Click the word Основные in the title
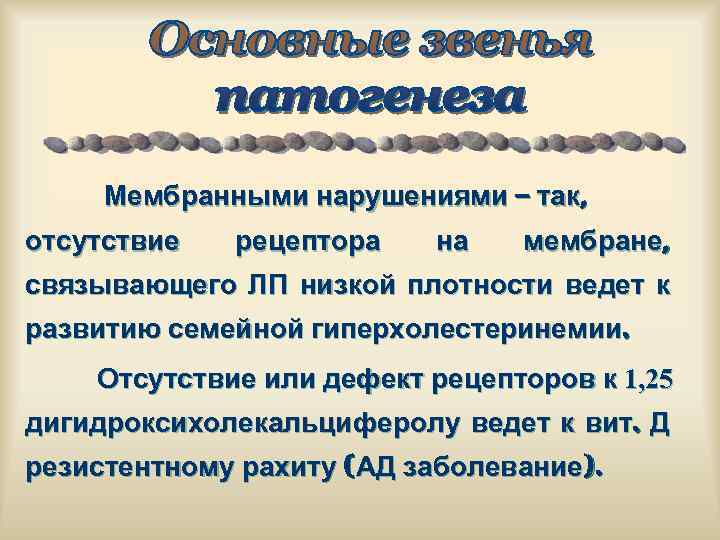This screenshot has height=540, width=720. coord(269,42)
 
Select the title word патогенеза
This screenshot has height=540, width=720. coord(371,100)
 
